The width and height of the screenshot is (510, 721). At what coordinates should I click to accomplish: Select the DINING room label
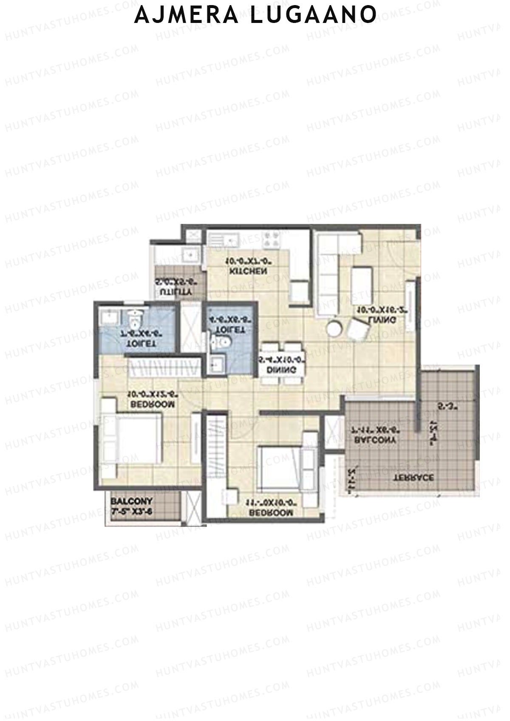tap(281, 370)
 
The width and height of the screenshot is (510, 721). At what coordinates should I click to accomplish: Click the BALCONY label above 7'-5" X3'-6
tap(131, 501)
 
